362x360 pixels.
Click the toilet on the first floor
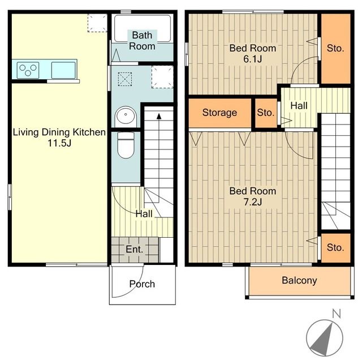126,145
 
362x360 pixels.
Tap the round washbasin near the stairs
126,115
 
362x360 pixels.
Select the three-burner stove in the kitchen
28,70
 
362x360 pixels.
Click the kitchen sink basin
63,70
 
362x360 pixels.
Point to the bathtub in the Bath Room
143,28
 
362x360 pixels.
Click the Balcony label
299,280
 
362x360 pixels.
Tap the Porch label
142,284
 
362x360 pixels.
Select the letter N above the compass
336,314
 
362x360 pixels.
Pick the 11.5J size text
59,143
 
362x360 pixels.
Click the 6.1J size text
253,59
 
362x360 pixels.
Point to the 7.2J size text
253,202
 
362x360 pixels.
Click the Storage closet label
219,113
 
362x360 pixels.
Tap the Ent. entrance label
135,249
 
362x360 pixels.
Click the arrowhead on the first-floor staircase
159,116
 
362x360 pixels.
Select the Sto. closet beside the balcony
336,248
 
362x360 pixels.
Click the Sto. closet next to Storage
266,113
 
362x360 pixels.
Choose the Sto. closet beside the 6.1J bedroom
336,49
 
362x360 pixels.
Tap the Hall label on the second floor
299,106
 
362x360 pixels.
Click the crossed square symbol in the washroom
125,79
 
